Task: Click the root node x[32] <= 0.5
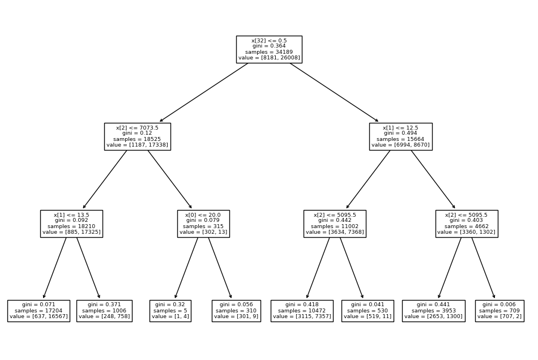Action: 269,49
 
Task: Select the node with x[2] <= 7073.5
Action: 137,136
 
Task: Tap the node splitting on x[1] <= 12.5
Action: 400,136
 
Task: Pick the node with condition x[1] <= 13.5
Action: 71,224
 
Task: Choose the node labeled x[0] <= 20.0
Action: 203,224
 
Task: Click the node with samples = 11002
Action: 335,224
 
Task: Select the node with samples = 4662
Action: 467,224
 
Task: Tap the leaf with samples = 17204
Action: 39,311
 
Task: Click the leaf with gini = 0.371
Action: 104,311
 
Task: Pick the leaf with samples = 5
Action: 170,311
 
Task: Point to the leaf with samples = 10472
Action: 302,311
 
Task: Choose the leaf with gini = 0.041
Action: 368,311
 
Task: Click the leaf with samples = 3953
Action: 434,311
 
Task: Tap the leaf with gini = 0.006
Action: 499,311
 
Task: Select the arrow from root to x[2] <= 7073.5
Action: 204,92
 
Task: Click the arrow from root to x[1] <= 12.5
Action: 334,92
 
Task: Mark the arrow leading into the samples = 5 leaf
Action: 187,267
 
